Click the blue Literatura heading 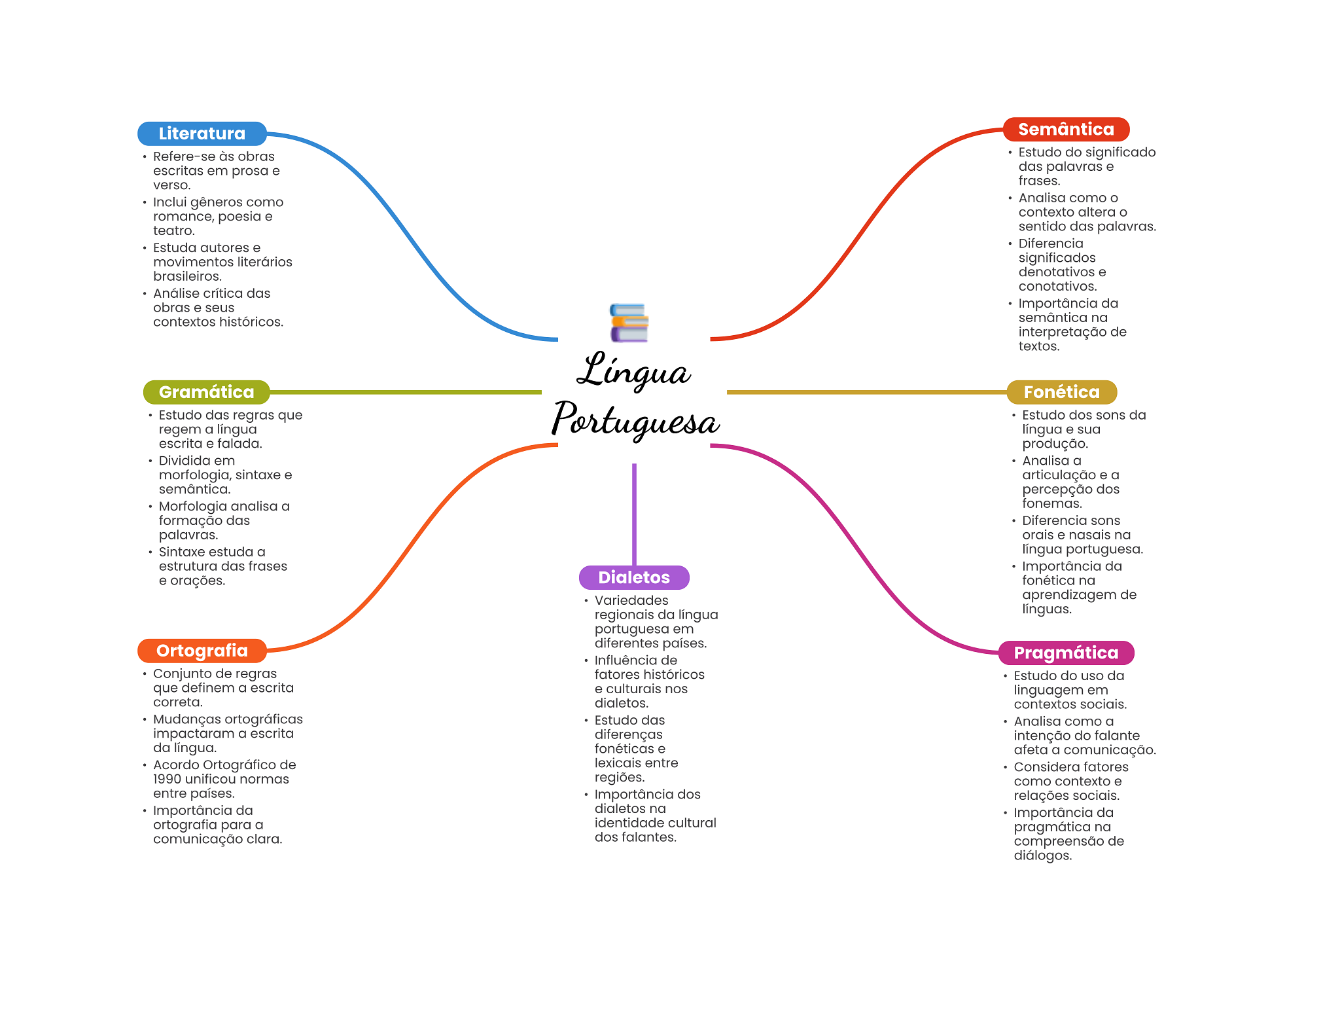(x=202, y=134)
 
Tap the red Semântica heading (x=1066, y=130)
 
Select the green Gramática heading (x=206, y=392)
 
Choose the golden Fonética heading (x=1061, y=392)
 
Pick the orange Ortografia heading (x=202, y=651)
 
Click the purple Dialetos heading (x=633, y=577)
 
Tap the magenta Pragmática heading (x=1066, y=653)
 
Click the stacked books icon (x=629, y=323)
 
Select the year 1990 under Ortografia (x=167, y=779)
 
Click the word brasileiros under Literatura (x=186, y=276)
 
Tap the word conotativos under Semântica (x=1056, y=286)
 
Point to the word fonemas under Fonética (x=1051, y=503)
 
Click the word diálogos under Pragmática (x=1042, y=856)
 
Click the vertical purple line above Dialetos (x=634, y=514)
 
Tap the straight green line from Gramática (x=406, y=392)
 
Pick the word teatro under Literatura (x=173, y=230)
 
